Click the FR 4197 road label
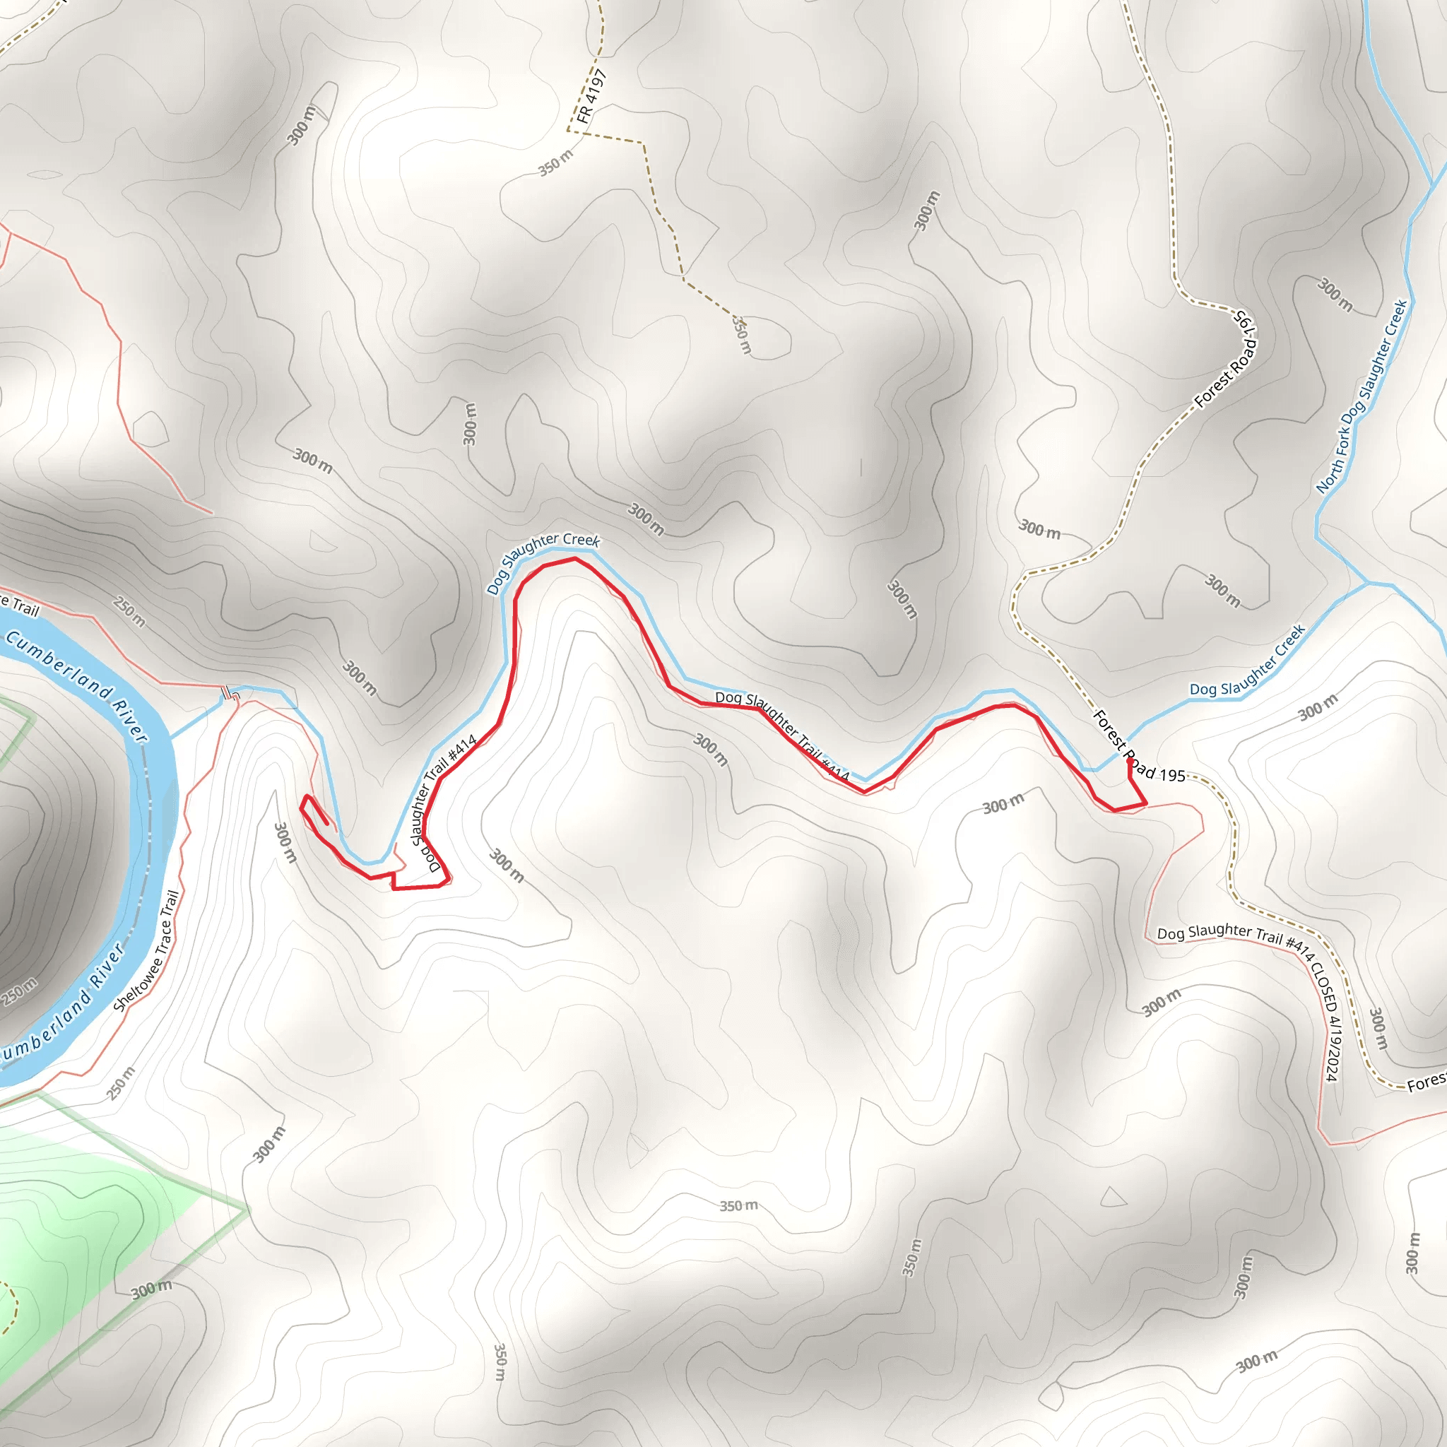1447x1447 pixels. (x=591, y=97)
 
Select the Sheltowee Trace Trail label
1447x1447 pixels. (x=147, y=950)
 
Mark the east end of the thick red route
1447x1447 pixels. (x=1130, y=762)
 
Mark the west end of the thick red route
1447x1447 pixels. (x=326, y=824)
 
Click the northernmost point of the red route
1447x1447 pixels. (x=574, y=558)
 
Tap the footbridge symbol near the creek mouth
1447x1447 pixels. (x=230, y=695)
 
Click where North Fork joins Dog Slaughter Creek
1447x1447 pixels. (x=1369, y=583)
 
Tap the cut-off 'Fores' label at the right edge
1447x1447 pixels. (x=1426, y=1082)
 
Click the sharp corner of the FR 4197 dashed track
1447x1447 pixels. (x=569, y=130)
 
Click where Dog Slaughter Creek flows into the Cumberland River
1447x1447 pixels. (x=171, y=738)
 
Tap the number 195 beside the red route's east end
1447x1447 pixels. (x=1172, y=775)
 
